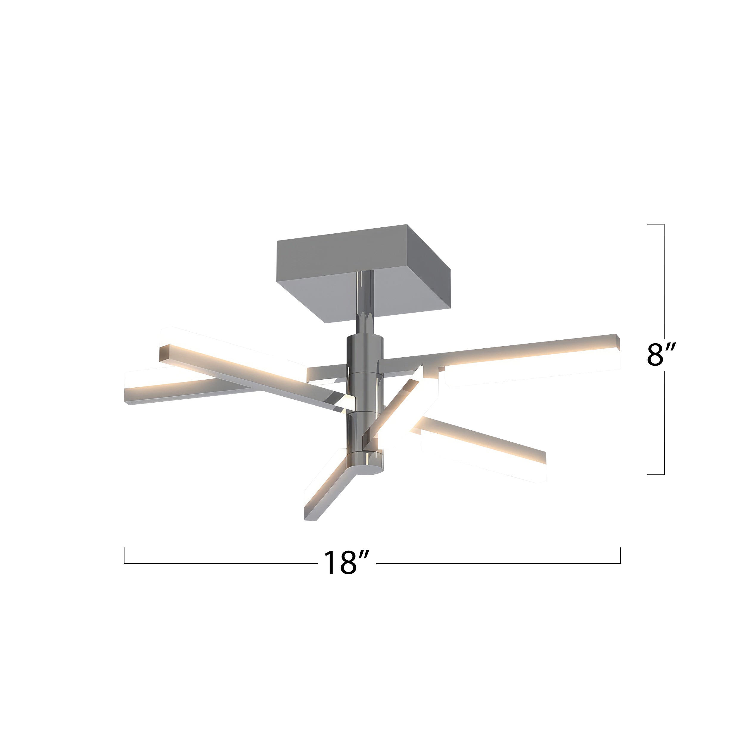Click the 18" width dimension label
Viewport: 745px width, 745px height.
(x=346, y=563)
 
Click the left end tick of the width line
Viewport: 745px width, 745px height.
(x=124, y=555)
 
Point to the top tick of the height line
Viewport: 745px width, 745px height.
(x=656, y=224)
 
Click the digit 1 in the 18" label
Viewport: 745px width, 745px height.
(x=329, y=563)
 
